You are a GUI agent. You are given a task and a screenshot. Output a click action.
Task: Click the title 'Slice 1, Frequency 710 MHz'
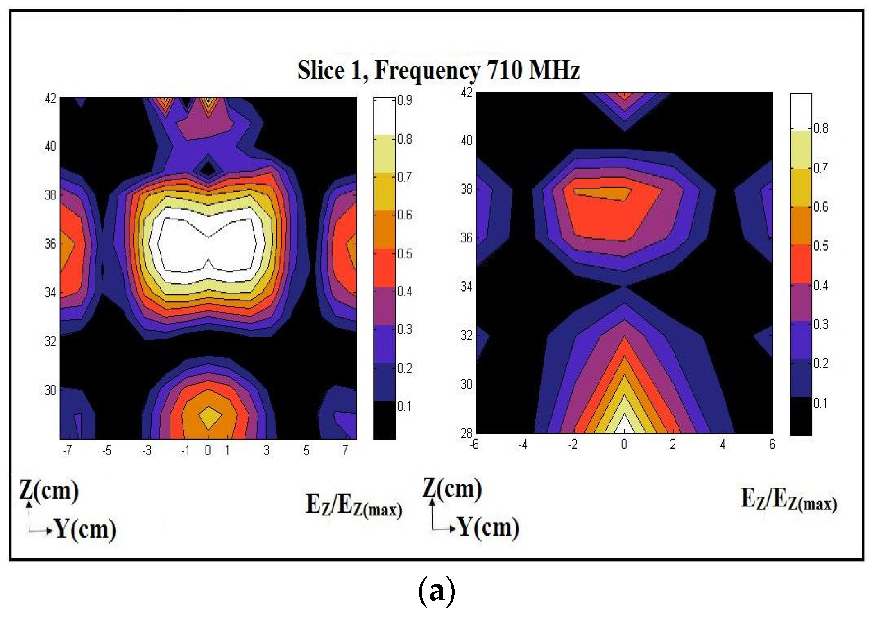pos(438,70)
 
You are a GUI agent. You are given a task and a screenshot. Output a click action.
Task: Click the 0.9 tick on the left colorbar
pos(405,100)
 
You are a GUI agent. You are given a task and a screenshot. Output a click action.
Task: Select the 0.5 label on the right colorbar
pos(820,246)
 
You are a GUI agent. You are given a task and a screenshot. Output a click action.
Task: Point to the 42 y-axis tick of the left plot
pos(50,99)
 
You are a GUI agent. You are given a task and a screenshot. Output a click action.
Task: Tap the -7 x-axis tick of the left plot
pos(68,450)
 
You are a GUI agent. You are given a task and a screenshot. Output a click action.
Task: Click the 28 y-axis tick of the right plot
pos(467,433)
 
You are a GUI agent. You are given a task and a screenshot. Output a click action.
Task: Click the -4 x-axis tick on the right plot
pos(523,444)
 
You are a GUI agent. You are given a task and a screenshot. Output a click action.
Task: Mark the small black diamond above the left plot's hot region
pos(208,167)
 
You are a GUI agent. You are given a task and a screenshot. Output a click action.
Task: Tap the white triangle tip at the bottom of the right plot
pos(624,426)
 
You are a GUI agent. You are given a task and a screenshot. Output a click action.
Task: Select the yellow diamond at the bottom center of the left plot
pos(209,418)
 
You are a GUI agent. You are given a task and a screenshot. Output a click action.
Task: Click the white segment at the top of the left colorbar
pos(385,117)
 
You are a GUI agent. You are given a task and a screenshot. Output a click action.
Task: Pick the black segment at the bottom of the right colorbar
pos(801,416)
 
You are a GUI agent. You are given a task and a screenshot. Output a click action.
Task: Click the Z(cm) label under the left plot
pos(49,490)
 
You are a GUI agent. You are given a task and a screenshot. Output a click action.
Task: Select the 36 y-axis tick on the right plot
pos(467,238)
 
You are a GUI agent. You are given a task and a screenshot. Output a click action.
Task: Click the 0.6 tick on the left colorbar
pos(405,215)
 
